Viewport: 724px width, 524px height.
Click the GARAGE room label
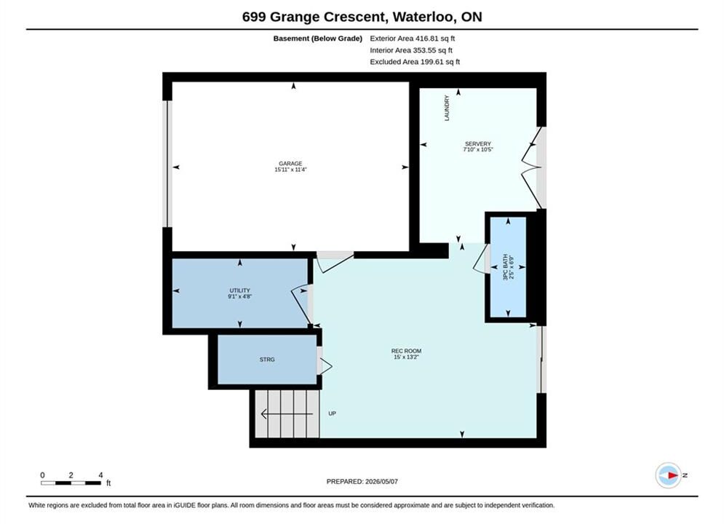(290, 164)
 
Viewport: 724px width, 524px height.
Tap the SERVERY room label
(478, 143)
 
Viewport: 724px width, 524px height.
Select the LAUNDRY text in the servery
(447, 108)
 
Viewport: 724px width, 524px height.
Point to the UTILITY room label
(239, 290)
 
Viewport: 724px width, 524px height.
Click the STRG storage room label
(267, 360)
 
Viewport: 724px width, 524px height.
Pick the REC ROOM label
(406, 351)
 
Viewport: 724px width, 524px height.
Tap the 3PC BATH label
(505, 267)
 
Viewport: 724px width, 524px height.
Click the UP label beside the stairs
(332, 413)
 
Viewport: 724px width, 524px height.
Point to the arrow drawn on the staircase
(287, 414)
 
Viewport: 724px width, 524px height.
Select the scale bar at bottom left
(71, 483)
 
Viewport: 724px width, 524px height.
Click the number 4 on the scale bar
(100, 475)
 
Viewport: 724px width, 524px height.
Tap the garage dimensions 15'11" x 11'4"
(290, 170)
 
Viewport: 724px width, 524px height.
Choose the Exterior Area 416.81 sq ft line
(413, 39)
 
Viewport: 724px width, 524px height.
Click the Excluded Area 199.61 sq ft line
(415, 61)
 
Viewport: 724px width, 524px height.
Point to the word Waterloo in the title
(425, 17)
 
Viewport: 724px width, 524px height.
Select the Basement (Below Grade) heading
(318, 39)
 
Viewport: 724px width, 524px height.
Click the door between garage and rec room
(334, 261)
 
